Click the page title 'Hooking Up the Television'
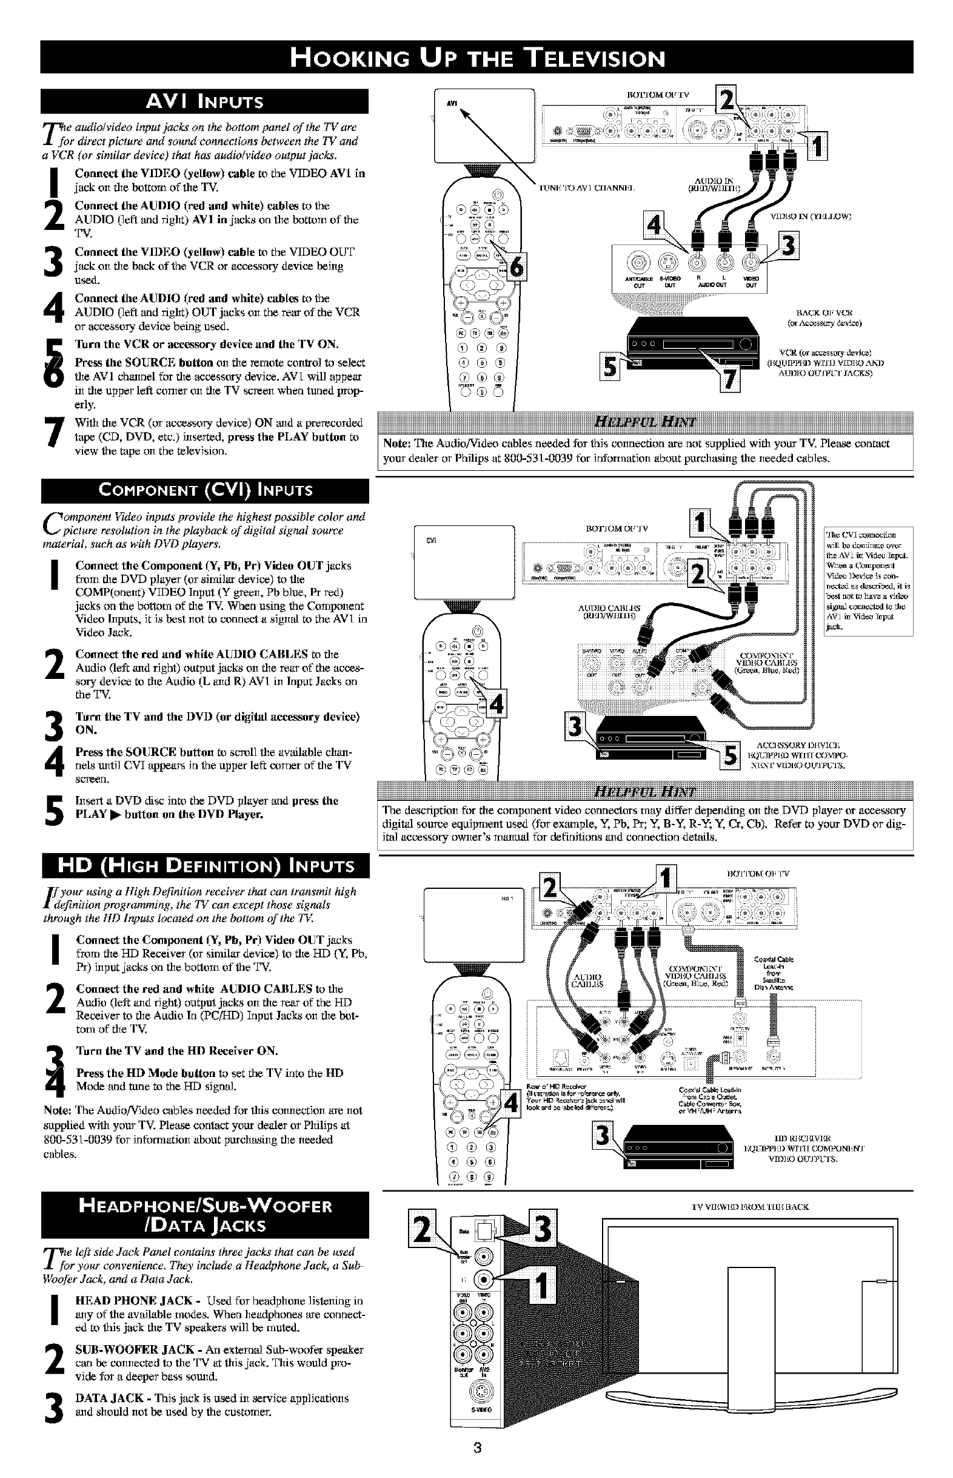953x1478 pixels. pos(476,58)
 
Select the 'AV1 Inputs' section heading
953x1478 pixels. pos(204,101)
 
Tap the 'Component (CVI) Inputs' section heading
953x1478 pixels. pos(205,491)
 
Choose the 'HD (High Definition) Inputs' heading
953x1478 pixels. pos(205,866)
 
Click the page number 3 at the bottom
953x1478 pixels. pos(476,1448)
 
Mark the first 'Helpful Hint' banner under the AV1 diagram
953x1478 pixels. pos(645,422)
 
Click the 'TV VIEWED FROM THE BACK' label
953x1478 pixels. pos(749,1207)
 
